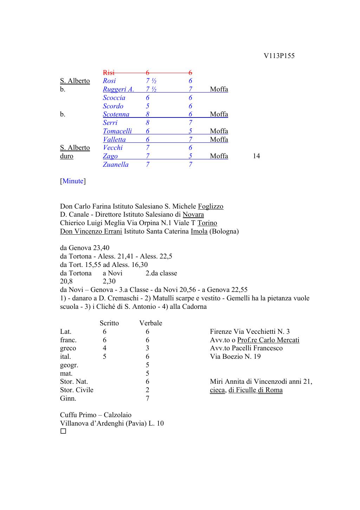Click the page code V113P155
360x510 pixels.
[279, 56]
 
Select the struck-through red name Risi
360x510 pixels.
[109, 73]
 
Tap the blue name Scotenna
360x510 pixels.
[116, 114]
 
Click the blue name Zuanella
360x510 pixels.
[116, 165]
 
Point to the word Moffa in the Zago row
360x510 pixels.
[219, 156]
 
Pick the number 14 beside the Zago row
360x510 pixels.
[256, 156]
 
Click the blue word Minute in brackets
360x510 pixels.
[73, 181]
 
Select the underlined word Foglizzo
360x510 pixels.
[211, 206]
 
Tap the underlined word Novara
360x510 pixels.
[193, 215]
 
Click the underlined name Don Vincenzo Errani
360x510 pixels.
[91, 231]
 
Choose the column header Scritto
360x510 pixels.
[109, 323]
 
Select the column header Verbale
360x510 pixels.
[150, 323]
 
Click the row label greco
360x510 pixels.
[68, 348]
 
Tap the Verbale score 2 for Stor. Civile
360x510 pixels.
[147, 390]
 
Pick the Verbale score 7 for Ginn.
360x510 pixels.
[147, 399]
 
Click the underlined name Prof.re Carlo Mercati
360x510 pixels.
[268, 340]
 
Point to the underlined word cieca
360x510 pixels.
[217, 390]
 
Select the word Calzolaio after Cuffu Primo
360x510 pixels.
[117, 415]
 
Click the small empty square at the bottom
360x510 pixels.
[63, 431]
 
